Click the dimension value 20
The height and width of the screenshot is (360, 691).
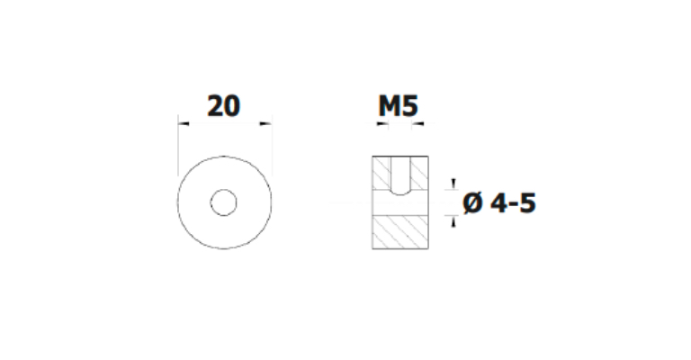tap(224, 106)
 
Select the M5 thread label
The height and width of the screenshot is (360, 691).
tap(398, 106)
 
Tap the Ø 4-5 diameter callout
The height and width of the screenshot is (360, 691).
tap(499, 203)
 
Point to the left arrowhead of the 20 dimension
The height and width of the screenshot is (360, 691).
tap(184, 124)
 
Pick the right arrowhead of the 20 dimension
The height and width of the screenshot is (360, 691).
tap(265, 124)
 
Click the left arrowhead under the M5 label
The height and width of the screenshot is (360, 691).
tap(383, 124)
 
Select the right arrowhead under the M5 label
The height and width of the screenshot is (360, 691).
tap(417, 124)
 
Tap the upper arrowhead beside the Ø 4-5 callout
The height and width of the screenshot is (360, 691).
tap(453, 184)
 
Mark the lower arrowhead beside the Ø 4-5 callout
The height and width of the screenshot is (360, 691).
tap(453, 221)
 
